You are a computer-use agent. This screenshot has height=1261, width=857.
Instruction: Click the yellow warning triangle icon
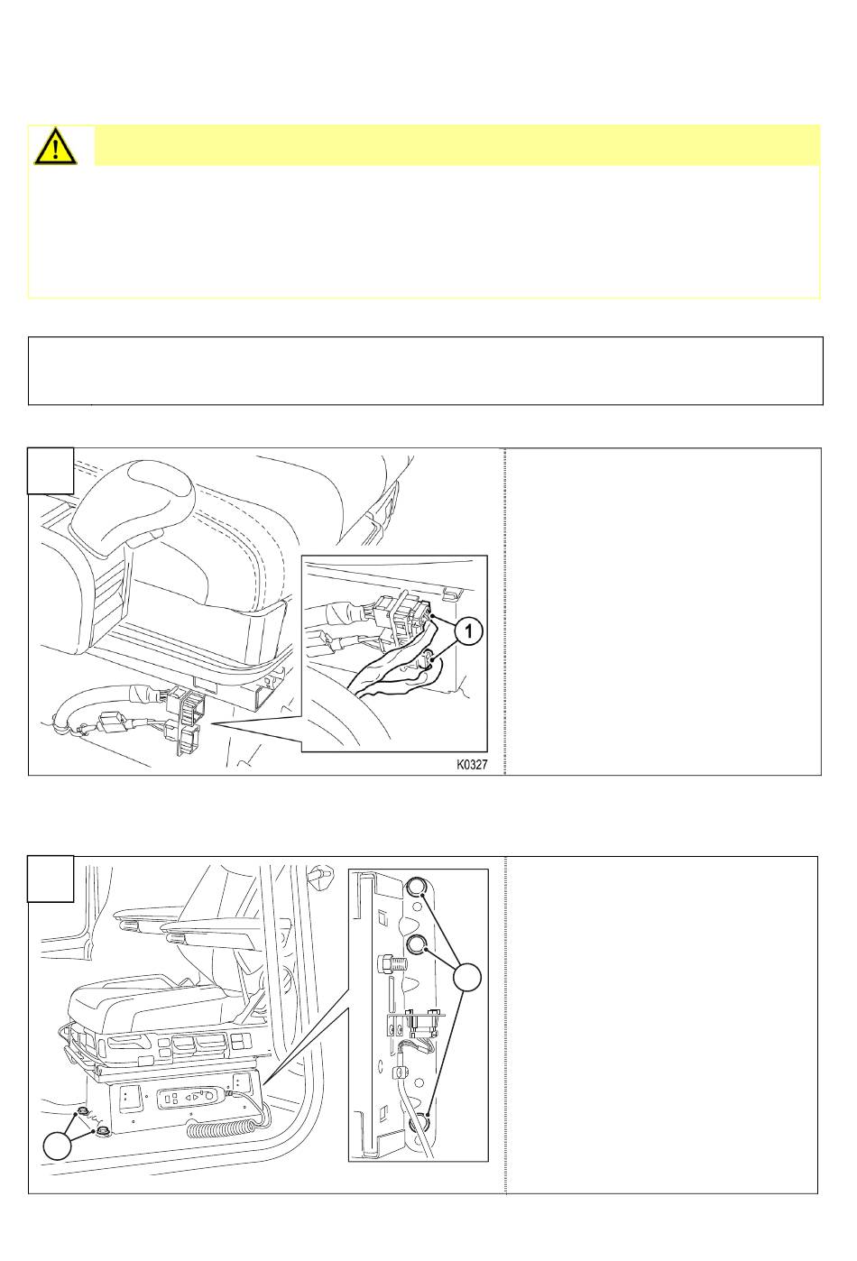point(55,146)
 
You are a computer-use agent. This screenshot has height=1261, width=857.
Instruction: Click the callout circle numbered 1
point(468,630)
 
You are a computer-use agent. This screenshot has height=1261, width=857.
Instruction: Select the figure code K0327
point(471,765)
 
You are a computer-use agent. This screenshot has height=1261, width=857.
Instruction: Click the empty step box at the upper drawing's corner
point(51,471)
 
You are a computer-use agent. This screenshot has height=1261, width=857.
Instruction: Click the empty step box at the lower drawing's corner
point(51,879)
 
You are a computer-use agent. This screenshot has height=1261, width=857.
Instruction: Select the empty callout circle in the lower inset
point(467,977)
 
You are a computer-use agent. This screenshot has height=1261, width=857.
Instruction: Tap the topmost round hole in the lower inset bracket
point(416,888)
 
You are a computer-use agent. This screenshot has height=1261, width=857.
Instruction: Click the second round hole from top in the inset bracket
point(416,945)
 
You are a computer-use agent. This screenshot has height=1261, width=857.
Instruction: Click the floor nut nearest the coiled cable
point(103,1130)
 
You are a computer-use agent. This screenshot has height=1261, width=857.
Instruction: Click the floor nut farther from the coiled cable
point(82,1111)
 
